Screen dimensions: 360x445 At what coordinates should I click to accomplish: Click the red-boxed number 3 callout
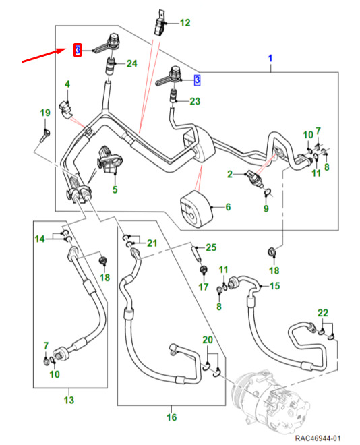pos(78,50)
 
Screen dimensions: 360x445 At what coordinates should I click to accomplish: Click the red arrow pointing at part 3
pos(44,55)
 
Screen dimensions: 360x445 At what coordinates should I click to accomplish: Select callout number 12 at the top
pos(185,23)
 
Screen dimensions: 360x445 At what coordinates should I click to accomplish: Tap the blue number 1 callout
pos(270,59)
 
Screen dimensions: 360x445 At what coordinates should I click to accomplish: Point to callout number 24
pos(132,63)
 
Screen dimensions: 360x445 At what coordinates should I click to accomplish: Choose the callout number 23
pos(195,101)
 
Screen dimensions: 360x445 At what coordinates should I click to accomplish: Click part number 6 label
pos(228,207)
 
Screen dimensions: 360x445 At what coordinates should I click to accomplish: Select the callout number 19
pos(45,113)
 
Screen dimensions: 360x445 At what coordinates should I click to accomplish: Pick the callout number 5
pos(115,189)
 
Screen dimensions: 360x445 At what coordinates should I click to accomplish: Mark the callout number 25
pos(211,247)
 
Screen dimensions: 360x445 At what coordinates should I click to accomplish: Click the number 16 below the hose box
pos(172,417)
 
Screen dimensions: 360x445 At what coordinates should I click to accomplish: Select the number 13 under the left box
pos(69,400)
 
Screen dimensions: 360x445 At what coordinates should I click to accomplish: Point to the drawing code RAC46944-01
pos(318,438)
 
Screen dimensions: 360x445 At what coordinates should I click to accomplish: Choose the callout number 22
pos(323,313)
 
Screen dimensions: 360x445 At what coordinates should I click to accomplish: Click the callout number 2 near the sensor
pos(230,174)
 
